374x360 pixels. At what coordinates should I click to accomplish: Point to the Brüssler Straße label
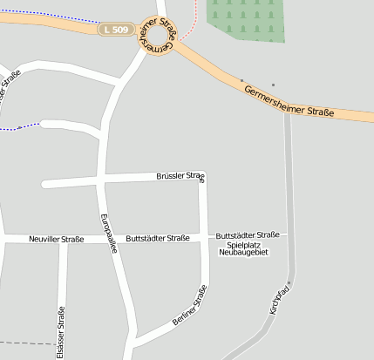point(180,177)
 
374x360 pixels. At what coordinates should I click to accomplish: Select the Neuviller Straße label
point(56,239)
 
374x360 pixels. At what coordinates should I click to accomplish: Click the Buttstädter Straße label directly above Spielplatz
point(247,234)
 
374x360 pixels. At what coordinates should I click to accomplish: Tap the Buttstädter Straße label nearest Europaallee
point(158,238)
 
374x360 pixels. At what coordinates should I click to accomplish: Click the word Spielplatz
point(244,245)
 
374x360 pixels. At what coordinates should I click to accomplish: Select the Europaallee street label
point(108,233)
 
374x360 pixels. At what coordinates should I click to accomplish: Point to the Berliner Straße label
point(190,305)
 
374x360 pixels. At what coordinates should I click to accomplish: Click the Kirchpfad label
point(279,297)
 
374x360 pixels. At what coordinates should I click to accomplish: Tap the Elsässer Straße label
point(60,332)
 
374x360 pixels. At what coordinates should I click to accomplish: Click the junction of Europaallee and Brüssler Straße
point(103,180)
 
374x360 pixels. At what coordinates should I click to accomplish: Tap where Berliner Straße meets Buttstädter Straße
point(205,237)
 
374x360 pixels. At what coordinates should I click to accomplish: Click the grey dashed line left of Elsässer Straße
point(22,344)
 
